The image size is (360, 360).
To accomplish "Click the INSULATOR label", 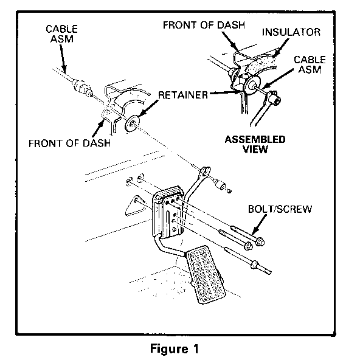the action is [291, 32].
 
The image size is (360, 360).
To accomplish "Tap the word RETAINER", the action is [183, 95].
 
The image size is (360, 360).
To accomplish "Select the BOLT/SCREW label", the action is [280, 209].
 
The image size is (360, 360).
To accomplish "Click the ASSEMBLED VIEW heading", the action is [255, 144].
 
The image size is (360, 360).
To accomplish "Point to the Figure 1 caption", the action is [175, 348].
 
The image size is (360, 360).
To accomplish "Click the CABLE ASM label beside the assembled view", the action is [310, 64].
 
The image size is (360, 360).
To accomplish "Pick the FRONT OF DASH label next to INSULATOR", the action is [204, 25].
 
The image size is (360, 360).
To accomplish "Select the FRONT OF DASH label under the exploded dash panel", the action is [69, 144].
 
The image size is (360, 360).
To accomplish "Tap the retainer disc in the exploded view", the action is [131, 123].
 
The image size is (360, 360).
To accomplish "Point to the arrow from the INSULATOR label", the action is [280, 47].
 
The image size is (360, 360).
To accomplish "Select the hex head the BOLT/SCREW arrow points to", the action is [260, 241].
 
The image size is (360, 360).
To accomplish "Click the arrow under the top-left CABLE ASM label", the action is [63, 58].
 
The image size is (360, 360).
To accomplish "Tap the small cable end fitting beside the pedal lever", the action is [222, 185].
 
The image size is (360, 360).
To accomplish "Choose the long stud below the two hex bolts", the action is [247, 260].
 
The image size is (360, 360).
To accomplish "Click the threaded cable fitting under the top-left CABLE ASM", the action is [82, 86].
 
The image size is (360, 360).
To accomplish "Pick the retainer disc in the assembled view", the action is [252, 85].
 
